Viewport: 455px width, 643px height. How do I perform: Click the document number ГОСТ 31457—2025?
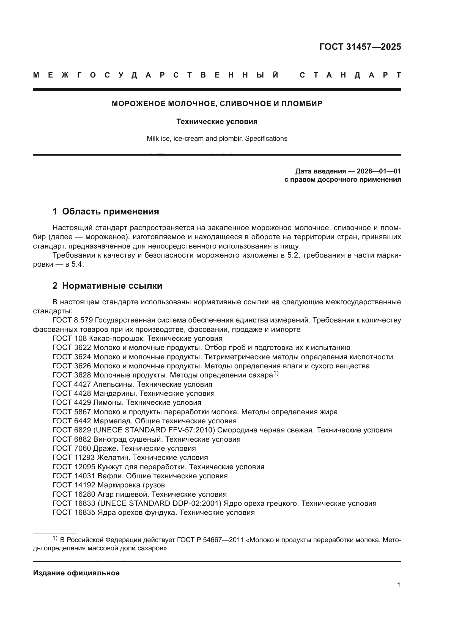point(360,47)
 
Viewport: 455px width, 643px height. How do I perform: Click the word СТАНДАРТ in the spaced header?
point(350,75)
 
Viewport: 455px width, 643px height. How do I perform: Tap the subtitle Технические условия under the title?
point(217,122)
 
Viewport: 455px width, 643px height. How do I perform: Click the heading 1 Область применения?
point(106,211)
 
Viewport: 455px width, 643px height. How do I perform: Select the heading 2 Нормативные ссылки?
point(107,286)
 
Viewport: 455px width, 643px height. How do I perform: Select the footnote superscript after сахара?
point(276,373)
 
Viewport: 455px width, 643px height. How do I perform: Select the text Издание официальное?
point(76,573)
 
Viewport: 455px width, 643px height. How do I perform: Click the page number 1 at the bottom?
point(398,585)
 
